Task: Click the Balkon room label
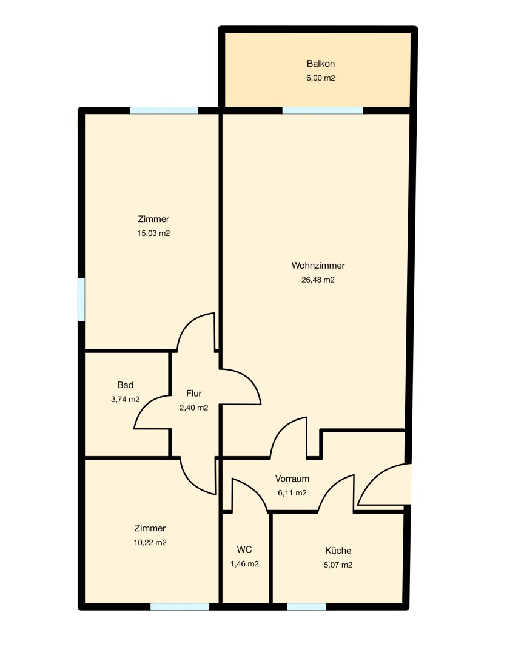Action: point(320,64)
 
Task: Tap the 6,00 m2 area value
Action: point(320,78)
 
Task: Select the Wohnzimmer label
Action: point(318,265)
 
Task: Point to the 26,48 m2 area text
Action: point(318,280)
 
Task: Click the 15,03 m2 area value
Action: point(153,233)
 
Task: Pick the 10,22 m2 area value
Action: point(150,543)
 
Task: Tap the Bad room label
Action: point(126,385)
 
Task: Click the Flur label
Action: point(194,393)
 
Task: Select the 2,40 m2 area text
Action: point(194,408)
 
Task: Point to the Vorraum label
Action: point(292,479)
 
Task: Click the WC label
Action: point(244,549)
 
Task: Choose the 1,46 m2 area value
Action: point(244,564)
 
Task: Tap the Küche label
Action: point(338,550)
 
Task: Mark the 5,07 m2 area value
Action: point(338,565)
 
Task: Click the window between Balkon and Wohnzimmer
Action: point(323,110)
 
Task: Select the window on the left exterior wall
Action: point(81,300)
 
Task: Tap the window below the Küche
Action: point(306,606)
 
